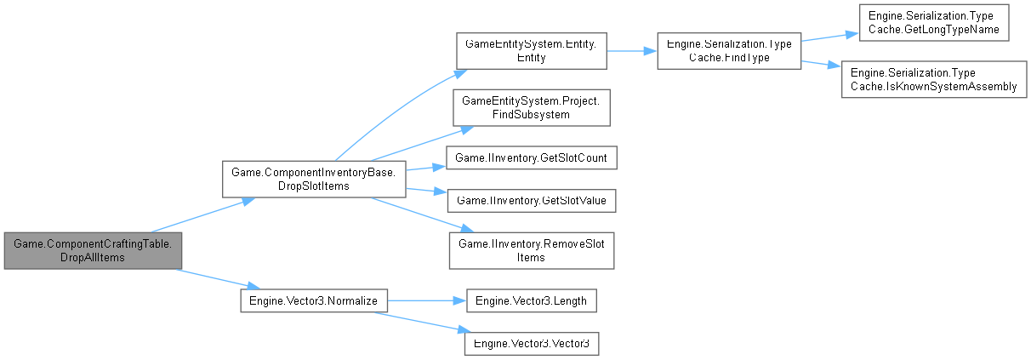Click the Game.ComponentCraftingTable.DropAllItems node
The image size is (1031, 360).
click(92, 250)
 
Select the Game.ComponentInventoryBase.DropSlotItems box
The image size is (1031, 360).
click(313, 179)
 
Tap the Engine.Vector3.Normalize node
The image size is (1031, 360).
click(314, 300)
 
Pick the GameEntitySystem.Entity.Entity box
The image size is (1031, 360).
click(531, 50)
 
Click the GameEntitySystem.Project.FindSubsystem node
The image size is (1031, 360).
click(531, 107)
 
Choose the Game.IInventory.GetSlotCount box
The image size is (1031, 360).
click(531, 157)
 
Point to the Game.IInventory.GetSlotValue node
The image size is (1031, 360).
click(531, 201)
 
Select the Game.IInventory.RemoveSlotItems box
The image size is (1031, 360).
click(531, 250)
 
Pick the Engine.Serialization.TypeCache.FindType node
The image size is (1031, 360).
click(728, 50)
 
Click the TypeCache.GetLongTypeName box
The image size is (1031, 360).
click(933, 24)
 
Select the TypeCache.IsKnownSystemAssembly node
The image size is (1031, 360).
click(933, 79)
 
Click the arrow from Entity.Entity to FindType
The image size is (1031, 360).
click(630, 50)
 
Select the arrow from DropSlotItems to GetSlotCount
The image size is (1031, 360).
click(426, 165)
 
